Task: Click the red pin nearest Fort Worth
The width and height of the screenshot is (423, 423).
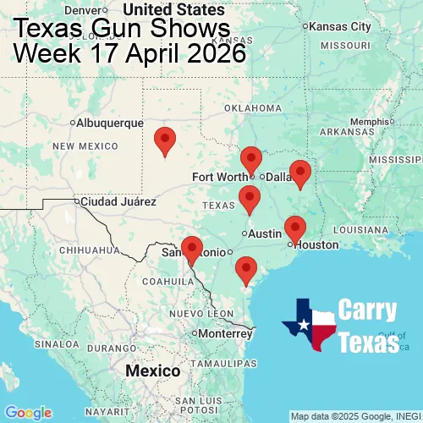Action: [251, 158]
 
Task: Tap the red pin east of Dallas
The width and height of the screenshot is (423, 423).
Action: [299, 172]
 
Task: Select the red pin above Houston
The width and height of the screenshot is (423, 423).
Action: [294, 228]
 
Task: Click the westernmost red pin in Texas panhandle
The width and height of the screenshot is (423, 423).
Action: [165, 140]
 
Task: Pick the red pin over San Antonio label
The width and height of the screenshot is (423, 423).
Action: [192, 249]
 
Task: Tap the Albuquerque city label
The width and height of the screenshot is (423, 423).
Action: [110, 123]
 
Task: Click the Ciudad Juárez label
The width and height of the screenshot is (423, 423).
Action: [118, 202]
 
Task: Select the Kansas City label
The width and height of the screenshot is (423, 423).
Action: [340, 26]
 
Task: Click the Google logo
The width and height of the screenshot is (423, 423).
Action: [28, 412]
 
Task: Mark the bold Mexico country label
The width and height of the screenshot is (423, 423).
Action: [152, 371]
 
